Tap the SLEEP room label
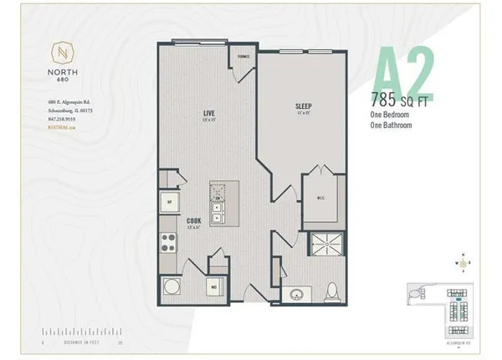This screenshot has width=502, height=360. pyautogui.click(x=303, y=106)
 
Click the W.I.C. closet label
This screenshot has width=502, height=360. pyautogui.click(x=319, y=198)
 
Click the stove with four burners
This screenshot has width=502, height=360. pyautogui.click(x=168, y=245)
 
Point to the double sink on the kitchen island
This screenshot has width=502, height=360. pyautogui.click(x=218, y=203)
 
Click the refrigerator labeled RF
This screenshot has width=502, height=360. pyautogui.click(x=169, y=202)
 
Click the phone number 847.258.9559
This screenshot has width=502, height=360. pyautogui.click(x=61, y=118)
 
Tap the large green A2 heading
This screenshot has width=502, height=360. pyautogui.click(x=402, y=74)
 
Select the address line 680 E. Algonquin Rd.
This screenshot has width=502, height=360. pyautogui.click(x=65, y=103)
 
